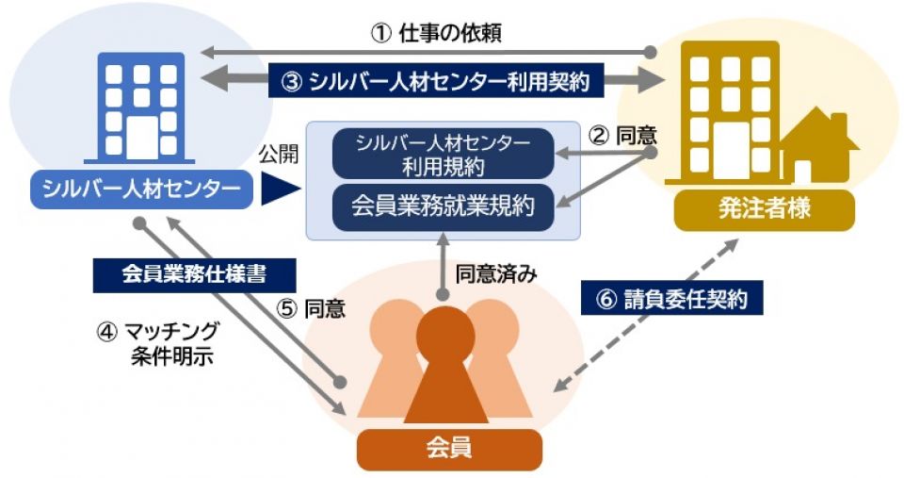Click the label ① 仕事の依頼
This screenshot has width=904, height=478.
[435, 33]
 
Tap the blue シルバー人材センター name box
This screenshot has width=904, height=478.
[142, 190]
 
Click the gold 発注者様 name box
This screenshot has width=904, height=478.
[765, 209]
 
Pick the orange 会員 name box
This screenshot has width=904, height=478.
[450, 449]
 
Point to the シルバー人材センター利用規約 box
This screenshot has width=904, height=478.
[443, 154]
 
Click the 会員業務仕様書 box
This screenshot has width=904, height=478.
[194, 274]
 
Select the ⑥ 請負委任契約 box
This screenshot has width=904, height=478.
[671, 299]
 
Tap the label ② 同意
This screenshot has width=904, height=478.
[622, 136]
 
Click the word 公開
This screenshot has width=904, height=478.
[279, 154]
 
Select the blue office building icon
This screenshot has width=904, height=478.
[141, 108]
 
